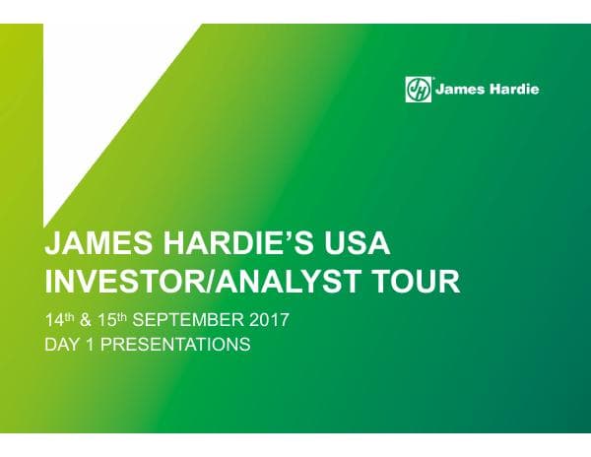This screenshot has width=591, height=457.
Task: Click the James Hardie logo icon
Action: click(x=419, y=90)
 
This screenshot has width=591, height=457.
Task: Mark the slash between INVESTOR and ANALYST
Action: click(x=220, y=284)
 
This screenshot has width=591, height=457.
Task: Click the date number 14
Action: click(x=56, y=321)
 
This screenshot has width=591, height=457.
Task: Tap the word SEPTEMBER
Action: click(x=189, y=321)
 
